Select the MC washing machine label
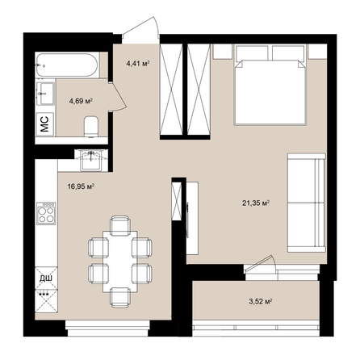pos(45,123)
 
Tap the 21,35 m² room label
pos(255,203)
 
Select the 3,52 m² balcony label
pos(259,301)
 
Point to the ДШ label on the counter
pos(45,279)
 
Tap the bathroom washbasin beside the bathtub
pos(45,92)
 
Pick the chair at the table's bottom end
pos(119,297)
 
